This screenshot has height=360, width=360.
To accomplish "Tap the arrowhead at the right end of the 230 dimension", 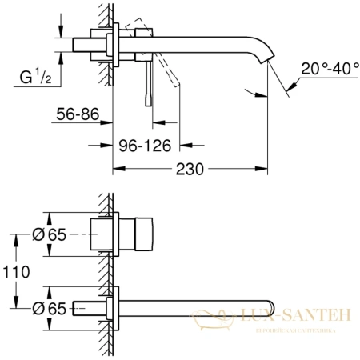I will click(266, 170).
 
